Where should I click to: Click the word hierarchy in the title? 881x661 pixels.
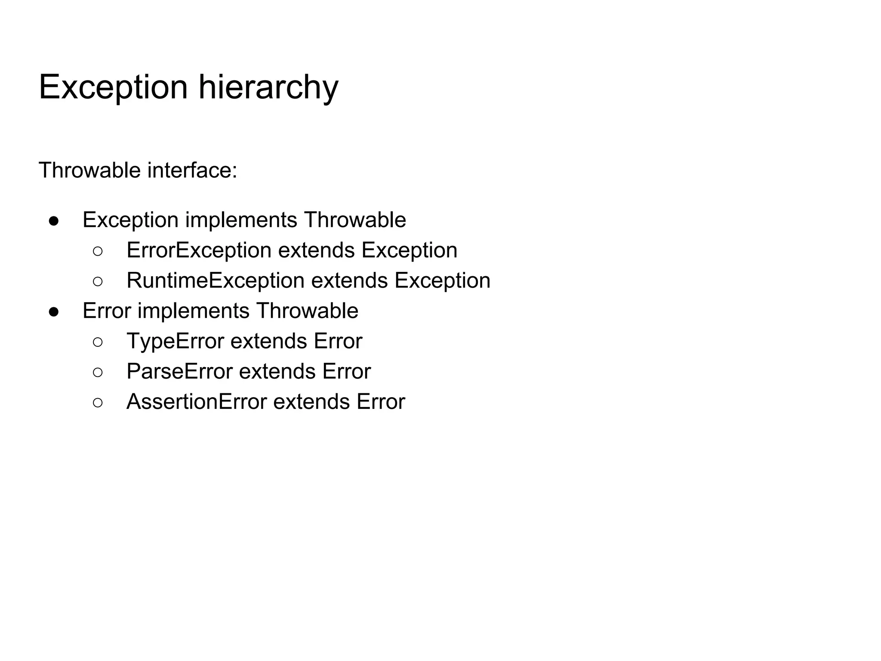pos(268,88)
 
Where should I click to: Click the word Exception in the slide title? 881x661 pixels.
pos(113,88)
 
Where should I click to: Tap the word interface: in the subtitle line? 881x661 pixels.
pos(192,170)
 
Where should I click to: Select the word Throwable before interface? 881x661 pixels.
pos(89,170)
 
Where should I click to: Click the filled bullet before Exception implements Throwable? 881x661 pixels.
pos(54,221)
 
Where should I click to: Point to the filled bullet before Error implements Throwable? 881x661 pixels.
pos(54,312)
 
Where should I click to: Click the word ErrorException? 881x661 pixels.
pos(199,250)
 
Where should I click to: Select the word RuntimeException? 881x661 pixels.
pos(216,281)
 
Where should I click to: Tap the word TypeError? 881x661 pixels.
pos(175,341)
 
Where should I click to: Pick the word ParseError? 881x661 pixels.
pos(179,371)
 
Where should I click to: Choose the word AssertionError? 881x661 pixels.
pos(197,402)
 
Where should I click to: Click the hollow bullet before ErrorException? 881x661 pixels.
pos(98,251)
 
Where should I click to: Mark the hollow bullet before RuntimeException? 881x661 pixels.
pos(98,281)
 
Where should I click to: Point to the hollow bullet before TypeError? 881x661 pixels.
pos(98,342)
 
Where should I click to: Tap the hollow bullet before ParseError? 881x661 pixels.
pos(98,372)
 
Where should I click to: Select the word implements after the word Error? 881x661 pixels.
pos(193,311)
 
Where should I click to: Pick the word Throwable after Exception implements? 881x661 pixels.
pos(355,220)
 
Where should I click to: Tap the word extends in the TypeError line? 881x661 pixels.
pos(269,341)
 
